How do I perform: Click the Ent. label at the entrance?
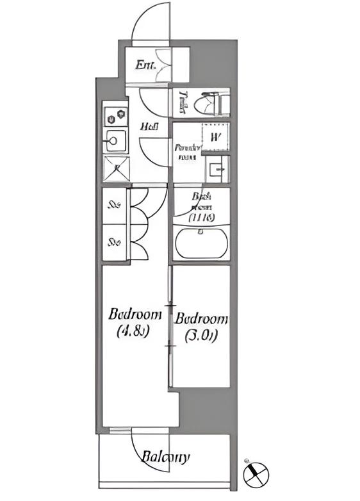[x=143, y=64]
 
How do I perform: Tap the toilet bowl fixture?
[x=211, y=103]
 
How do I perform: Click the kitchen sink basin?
[x=116, y=140]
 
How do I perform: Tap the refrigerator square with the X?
[x=117, y=168]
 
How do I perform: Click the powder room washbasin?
[x=217, y=170]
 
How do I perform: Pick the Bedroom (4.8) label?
[x=134, y=322]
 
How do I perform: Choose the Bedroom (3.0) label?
[x=201, y=326]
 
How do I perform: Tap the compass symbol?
[x=256, y=474]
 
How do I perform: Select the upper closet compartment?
[x=115, y=206]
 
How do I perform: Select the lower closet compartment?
[x=115, y=242]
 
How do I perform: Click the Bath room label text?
[x=202, y=207]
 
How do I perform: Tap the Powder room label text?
[x=187, y=151]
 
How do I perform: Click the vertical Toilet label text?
[x=183, y=103]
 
